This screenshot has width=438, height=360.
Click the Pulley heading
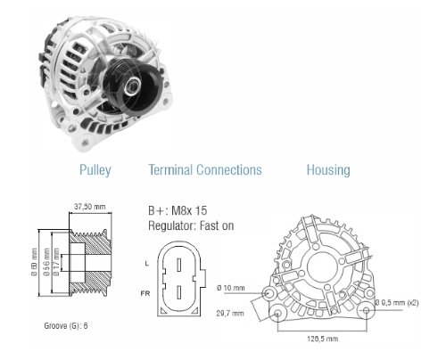tap(95, 170)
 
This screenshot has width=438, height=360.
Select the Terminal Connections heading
tap(205, 170)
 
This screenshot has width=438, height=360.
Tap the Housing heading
tap(328, 170)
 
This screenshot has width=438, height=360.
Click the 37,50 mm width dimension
tap(90, 207)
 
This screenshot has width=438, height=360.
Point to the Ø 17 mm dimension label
tap(55, 261)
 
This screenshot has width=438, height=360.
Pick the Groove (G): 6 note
tap(66, 326)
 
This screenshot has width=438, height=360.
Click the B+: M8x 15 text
tap(178, 210)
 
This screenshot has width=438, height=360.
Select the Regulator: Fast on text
tap(191, 225)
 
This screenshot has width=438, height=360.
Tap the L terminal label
tap(146, 264)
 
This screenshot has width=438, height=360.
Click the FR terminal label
tap(145, 293)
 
